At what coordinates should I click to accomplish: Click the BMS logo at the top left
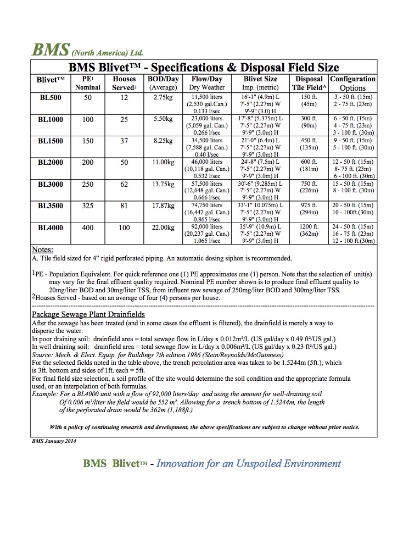50,50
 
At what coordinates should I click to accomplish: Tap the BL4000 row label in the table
51,227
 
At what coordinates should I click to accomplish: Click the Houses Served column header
124,83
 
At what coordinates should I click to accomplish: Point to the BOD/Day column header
164,83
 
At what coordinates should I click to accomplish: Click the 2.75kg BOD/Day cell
164,97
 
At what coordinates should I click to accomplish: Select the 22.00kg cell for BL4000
164,227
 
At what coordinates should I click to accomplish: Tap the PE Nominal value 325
88,206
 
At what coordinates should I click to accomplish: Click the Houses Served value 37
124,141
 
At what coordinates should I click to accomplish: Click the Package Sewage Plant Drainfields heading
88,314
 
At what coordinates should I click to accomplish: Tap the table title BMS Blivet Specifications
204,68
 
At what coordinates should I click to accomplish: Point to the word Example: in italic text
44,394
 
